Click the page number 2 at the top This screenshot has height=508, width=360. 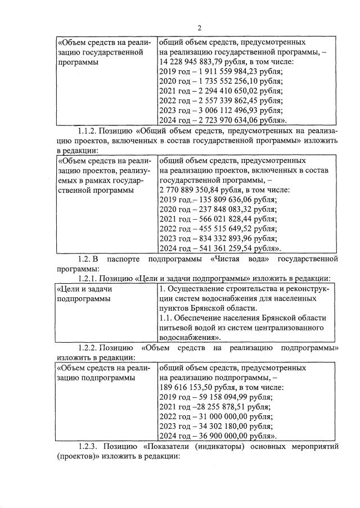(x=199, y=29)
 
